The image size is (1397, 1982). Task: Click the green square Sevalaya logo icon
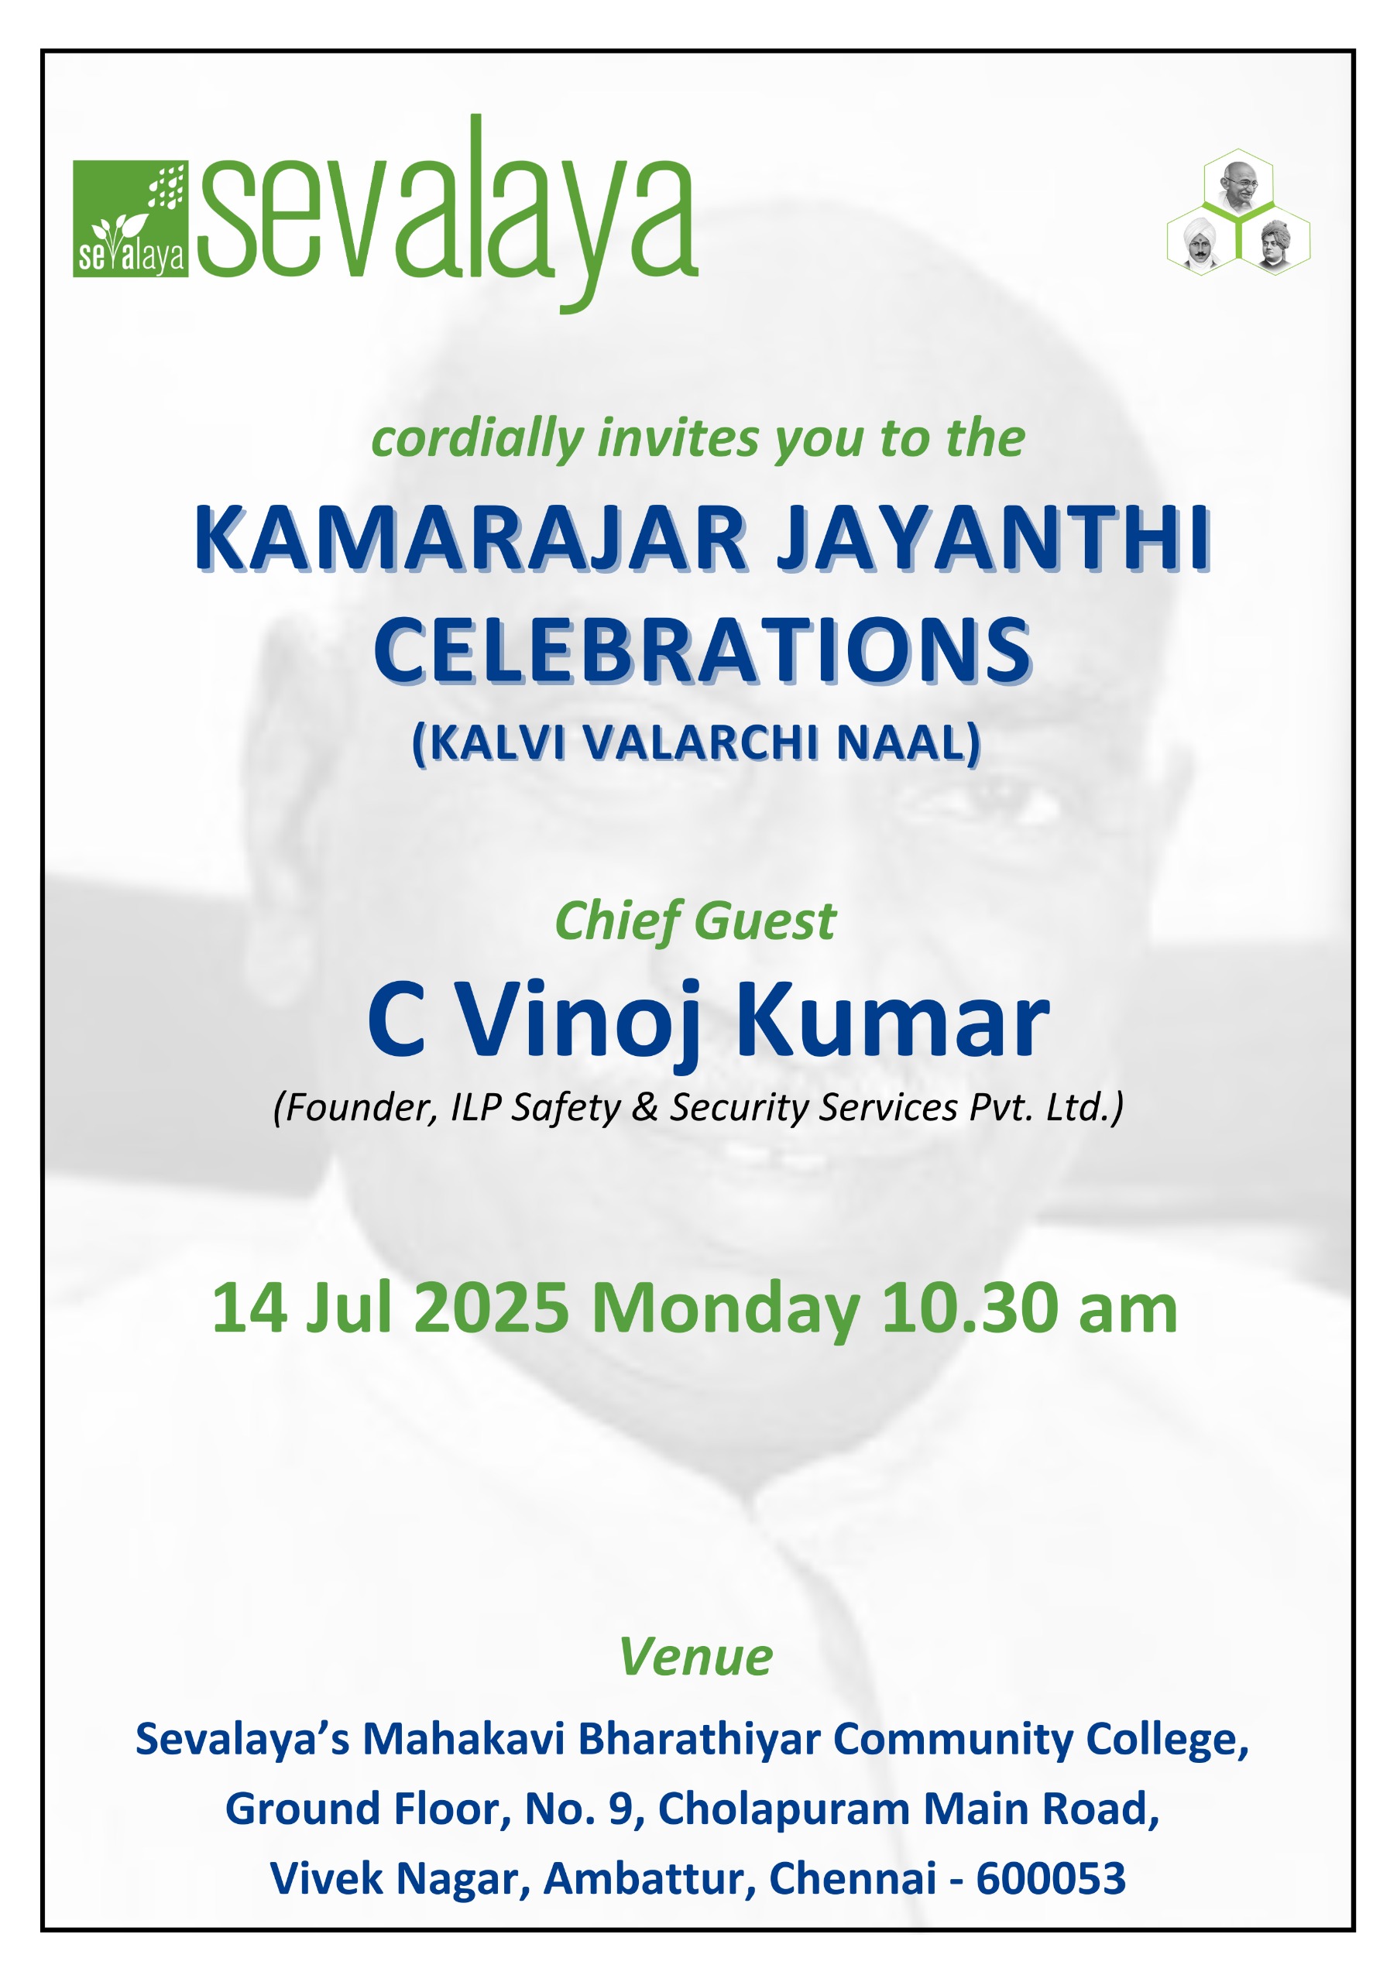coord(130,218)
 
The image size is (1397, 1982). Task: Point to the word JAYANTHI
coord(994,539)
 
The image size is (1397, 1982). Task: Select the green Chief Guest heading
coord(695,921)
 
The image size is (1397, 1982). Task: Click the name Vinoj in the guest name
coord(578,1020)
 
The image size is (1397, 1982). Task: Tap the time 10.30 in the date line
coord(970,1308)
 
